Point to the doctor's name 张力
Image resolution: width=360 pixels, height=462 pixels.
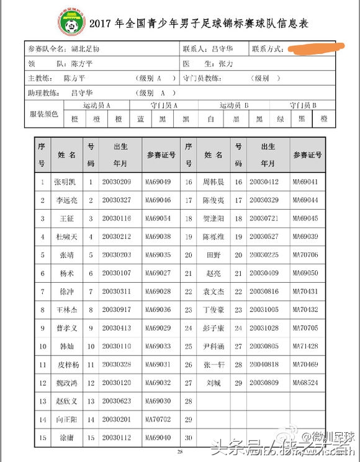[x=225, y=63]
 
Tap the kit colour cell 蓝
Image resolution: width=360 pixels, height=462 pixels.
[x=141, y=118]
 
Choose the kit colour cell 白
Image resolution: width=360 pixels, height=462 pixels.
[x=210, y=118]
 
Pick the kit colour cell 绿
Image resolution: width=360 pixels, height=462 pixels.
[x=281, y=118]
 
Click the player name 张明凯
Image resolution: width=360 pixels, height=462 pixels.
[x=65, y=182]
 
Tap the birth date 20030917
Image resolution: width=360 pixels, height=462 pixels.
[x=117, y=309]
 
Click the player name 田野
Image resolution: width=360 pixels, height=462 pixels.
[x=213, y=255]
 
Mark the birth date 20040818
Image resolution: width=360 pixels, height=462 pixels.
[x=264, y=365]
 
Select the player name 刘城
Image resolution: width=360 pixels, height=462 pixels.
[x=214, y=383]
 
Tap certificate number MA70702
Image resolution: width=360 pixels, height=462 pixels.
[x=158, y=420]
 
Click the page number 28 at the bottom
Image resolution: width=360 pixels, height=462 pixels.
[x=179, y=452]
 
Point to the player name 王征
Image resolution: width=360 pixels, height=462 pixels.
[x=66, y=218]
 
